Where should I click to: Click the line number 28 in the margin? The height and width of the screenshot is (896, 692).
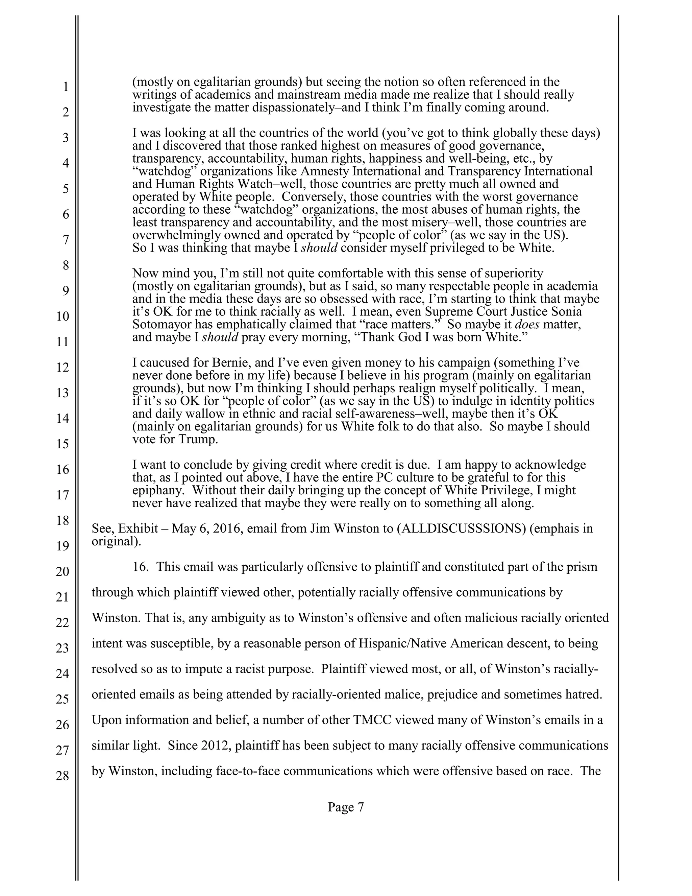[62, 776]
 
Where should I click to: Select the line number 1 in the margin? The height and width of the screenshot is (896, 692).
[66, 87]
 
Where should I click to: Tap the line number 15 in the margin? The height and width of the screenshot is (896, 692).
[62, 444]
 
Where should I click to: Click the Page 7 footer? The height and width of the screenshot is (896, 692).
[346, 807]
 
